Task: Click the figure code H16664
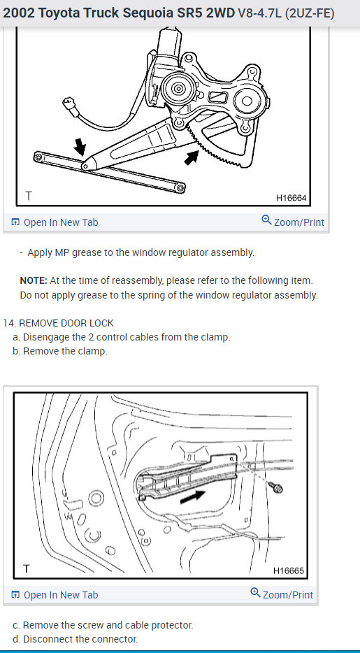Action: [291, 199]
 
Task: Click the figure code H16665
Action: [289, 571]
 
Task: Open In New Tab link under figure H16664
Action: [55, 222]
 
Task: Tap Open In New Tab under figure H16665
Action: [55, 595]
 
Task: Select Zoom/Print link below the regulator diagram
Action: [293, 222]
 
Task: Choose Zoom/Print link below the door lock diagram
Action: [282, 594]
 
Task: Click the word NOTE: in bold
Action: [34, 280]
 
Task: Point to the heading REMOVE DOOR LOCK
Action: [66, 323]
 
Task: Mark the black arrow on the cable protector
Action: [193, 496]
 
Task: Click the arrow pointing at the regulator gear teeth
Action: [192, 157]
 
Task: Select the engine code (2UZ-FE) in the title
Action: [310, 14]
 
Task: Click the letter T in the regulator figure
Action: [28, 196]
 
